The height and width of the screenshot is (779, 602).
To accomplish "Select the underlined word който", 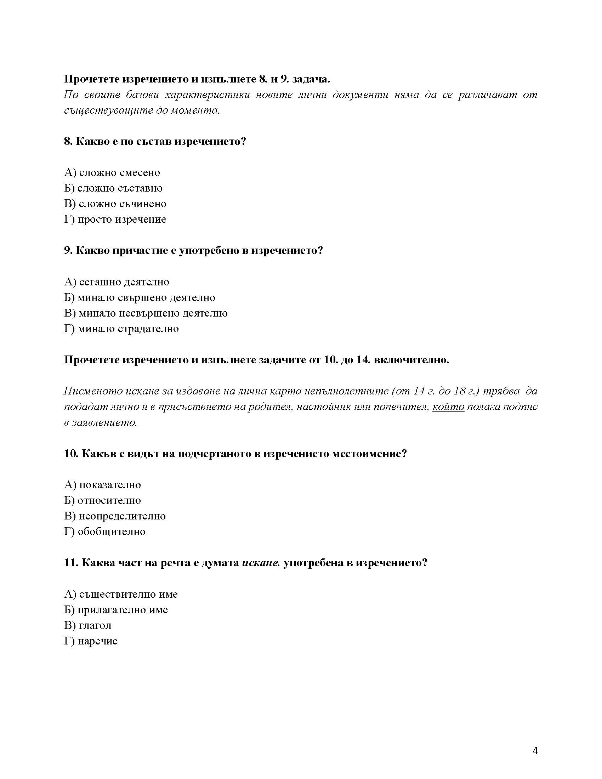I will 448,407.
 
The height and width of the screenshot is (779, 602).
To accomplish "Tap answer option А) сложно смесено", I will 112,173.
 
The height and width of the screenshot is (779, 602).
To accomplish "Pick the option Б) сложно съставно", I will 113,188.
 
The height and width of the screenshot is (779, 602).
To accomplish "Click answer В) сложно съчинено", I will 115,204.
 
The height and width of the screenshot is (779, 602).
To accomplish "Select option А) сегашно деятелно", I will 117,282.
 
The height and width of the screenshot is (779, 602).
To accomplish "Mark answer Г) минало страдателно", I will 121,329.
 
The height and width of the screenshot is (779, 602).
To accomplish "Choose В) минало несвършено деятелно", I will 146,313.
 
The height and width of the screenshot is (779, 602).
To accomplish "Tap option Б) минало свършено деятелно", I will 140,297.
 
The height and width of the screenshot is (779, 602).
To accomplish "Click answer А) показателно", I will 102,485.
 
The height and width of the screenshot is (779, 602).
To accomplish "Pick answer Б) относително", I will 102,500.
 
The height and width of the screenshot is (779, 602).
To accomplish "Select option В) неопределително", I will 115,516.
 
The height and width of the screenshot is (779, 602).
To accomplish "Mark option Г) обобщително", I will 105,531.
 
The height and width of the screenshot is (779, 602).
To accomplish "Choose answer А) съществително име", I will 121,594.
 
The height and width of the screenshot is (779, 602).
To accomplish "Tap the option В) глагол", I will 88,625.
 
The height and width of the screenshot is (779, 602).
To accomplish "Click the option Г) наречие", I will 91,641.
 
